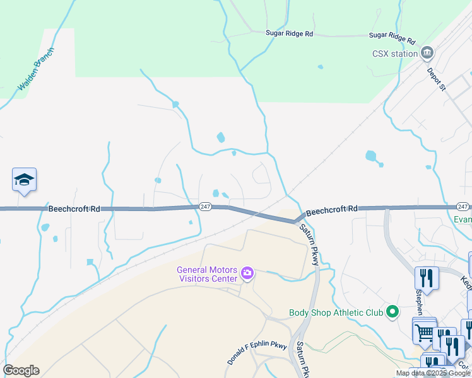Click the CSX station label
[x=394, y=54]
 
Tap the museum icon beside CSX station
[x=427, y=52]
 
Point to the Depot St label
[x=436, y=79]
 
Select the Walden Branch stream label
[x=37, y=69]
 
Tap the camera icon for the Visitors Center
[x=247, y=274]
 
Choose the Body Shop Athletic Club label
[x=336, y=312]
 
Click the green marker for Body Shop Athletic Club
[x=392, y=311]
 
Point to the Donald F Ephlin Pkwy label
[x=257, y=353]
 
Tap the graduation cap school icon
[x=24, y=180]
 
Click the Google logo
[x=21, y=370]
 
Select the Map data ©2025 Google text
[x=433, y=373]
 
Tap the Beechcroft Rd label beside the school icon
[x=74, y=209]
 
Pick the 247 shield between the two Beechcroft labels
[x=205, y=207]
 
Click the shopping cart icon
[x=424, y=331]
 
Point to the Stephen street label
[x=418, y=301]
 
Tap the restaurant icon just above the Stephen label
[x=426, y=278]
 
